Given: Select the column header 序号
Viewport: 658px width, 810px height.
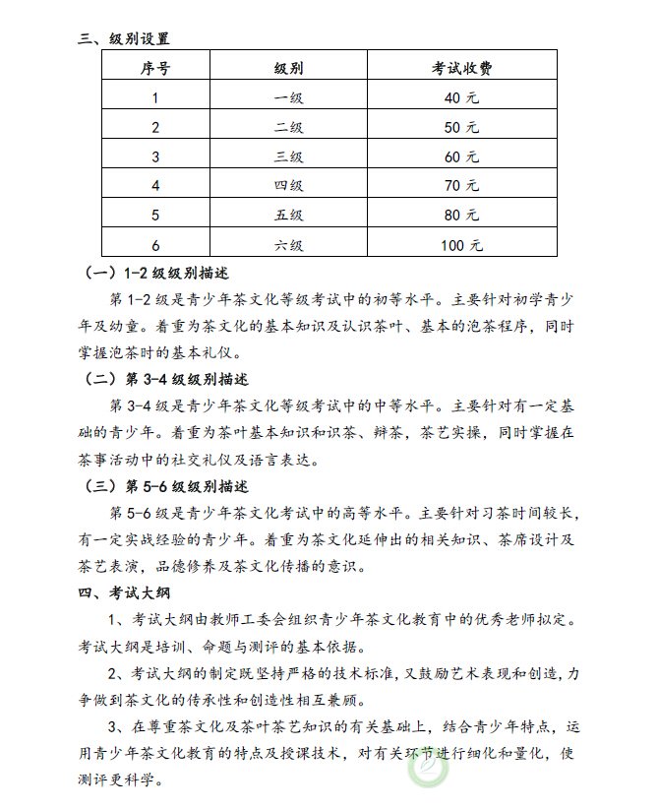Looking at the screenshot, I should (x=154, y=68).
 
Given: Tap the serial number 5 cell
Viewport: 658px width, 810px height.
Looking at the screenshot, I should (x=154, y=215).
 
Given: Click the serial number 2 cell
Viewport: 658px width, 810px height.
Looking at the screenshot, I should (x=154, y=127).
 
